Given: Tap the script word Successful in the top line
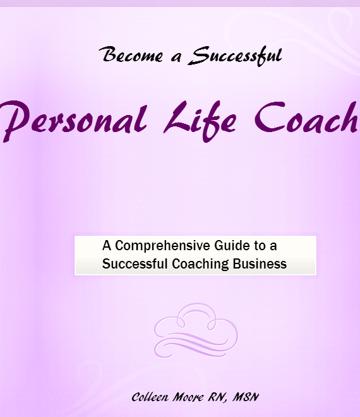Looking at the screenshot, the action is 235,56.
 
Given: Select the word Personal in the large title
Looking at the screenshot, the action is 74,121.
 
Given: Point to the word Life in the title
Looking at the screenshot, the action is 200,121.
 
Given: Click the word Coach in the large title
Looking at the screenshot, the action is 306,118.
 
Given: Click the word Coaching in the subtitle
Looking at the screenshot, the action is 200,264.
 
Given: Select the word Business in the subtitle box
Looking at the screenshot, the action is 260,263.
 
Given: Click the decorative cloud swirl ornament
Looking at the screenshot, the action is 196,330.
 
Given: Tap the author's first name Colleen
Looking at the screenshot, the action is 150,397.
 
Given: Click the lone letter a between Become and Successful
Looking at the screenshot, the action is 176,57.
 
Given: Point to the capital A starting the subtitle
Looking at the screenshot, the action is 107,246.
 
